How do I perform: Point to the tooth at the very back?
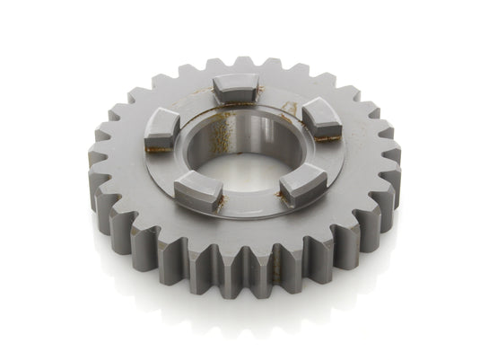pyautogui.click(x=243, y=65)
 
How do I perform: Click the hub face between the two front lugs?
pyautogui.click(x=249, y=205)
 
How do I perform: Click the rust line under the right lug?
pyautogui.click(x=328, y=138)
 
